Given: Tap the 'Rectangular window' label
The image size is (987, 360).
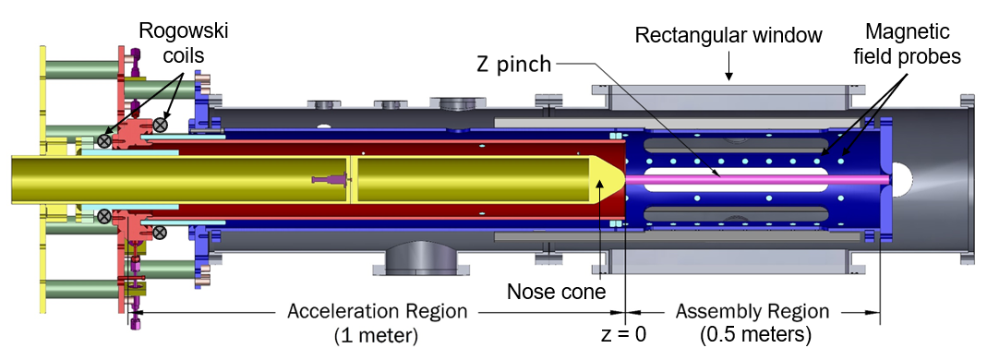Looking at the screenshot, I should click(x=729, y=37).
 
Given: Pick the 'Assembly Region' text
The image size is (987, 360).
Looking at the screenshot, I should click(x=751, y=310).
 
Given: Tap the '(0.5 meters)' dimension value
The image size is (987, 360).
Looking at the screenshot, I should click(x=751, y=333).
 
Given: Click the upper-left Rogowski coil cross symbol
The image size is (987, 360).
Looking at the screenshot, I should click(x=105, y=141).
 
